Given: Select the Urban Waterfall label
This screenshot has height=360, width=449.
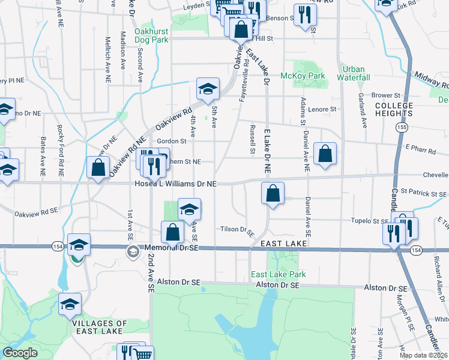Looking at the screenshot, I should [353, 73].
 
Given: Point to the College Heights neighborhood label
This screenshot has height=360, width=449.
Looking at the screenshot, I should [394, 109].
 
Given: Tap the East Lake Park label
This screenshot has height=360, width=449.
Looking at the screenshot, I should [278, 274].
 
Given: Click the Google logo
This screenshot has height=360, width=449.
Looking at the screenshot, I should [20, 353].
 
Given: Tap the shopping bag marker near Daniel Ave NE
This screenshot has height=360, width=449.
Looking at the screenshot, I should [325, 154].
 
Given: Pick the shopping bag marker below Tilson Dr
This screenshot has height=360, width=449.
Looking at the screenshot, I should [172, 232].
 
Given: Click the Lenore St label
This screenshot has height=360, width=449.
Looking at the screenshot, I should [322, 109].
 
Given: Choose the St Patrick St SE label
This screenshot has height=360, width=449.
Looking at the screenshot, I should [424, 194].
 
